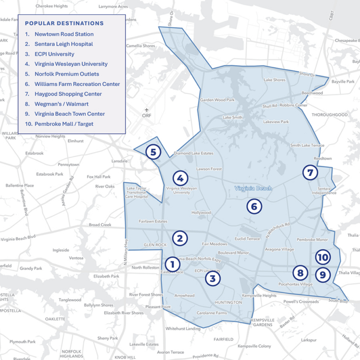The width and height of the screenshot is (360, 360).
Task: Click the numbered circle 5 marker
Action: coord(154,152)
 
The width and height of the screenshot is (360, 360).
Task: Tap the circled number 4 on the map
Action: coord(180,179)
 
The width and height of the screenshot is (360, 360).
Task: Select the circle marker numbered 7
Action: coord(310,173)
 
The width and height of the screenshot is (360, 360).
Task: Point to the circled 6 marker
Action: coord(254,206)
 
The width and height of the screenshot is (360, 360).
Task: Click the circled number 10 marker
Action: coord(322,258)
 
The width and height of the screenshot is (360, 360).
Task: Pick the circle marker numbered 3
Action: coord(213,278)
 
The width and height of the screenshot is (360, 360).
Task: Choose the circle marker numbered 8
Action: coord(299,272)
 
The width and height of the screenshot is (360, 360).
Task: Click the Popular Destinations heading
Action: coord(64,23)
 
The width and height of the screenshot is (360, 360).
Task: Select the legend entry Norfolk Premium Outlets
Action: coord(67,74)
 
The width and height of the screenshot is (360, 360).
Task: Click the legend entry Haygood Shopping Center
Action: coord(68,94)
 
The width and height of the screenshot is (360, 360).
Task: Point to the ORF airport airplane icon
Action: coord(146,109)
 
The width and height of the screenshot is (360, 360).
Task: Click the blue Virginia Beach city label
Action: coord(253,188)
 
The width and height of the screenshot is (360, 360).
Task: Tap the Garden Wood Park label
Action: coord(217,100)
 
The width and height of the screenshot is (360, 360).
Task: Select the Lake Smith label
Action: coord(232,118)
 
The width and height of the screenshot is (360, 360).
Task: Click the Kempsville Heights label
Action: coord(259,295)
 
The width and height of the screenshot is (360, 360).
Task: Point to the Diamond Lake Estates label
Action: coord(193,153)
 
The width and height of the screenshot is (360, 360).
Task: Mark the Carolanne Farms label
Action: coord(211,313)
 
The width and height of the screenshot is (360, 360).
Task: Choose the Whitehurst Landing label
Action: coord(183,328)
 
